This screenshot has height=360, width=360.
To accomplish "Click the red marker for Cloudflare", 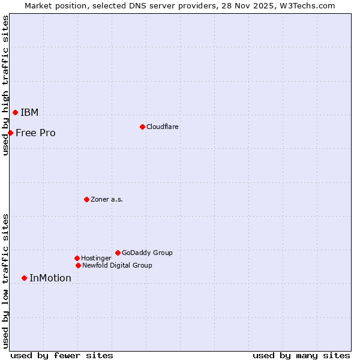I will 142,127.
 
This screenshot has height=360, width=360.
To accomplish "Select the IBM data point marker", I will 15,112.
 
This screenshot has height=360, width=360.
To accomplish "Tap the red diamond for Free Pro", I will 10,133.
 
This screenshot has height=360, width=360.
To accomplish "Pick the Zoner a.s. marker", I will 86,199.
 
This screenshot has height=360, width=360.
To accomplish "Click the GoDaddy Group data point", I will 118,253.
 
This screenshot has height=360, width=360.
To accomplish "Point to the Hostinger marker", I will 77,258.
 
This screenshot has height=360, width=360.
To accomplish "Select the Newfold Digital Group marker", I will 78,265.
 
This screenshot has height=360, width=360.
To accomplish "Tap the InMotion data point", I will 24,278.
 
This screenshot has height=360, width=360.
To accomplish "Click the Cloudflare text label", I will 162,127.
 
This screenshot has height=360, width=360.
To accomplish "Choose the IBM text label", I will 29,113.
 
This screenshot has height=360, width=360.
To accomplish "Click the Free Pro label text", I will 35,133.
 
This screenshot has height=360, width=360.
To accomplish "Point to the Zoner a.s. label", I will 107,199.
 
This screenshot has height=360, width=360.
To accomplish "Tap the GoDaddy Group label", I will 147,253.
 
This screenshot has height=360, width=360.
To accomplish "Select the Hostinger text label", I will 96,258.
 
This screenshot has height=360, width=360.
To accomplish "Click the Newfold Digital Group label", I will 117,265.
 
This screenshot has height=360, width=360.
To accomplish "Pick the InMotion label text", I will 50,278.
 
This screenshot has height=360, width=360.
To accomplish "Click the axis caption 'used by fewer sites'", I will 62,355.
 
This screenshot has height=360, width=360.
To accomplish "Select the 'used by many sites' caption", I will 301,355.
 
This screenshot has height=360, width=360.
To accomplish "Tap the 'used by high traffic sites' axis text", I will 5,85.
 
